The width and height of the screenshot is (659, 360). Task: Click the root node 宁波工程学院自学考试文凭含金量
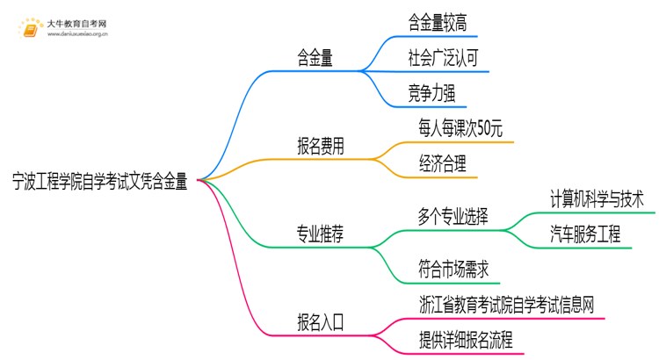click(99, 181)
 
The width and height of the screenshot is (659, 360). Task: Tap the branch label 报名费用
click(320, 146)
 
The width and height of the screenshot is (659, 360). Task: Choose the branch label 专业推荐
click(320, 233)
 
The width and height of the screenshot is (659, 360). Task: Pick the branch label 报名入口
click(320, 321)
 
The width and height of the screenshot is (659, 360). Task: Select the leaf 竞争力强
click(431, 93)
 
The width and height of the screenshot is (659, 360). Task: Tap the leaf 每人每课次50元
click(460, 129)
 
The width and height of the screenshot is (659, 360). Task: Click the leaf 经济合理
click(443, 163)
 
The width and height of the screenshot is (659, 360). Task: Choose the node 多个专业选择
click(453, 216)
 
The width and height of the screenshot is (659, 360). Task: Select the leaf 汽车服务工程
click(585, 234)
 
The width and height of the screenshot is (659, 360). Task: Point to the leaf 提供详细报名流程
click(466, 339)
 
